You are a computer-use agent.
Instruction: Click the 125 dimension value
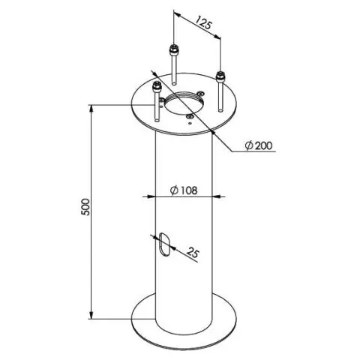(x=203, y=23)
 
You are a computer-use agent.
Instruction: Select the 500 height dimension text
(x=85, y=207)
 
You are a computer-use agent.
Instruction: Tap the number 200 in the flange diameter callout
(x=263, y=145)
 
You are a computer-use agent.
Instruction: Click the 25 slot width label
(x=193, y=252)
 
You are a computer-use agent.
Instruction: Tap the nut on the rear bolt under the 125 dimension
(x=173, y=50)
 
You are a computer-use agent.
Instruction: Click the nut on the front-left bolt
(x=157, y=88)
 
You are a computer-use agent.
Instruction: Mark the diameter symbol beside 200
(x=249, y=145)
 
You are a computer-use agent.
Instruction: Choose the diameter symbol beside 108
(x=174, y=190)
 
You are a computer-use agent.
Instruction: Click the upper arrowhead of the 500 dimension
(x=91, y=109)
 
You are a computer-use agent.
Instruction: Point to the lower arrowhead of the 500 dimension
(x=91, y=314)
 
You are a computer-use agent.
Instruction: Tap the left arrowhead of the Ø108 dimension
(x=151, y=196)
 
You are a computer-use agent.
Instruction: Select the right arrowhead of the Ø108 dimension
(x=217, y=196)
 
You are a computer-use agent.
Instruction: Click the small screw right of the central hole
(x=200, y=94)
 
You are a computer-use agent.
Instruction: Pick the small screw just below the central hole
(x=190, y=116)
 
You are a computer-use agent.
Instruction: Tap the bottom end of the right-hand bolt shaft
(x=220, y=109)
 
